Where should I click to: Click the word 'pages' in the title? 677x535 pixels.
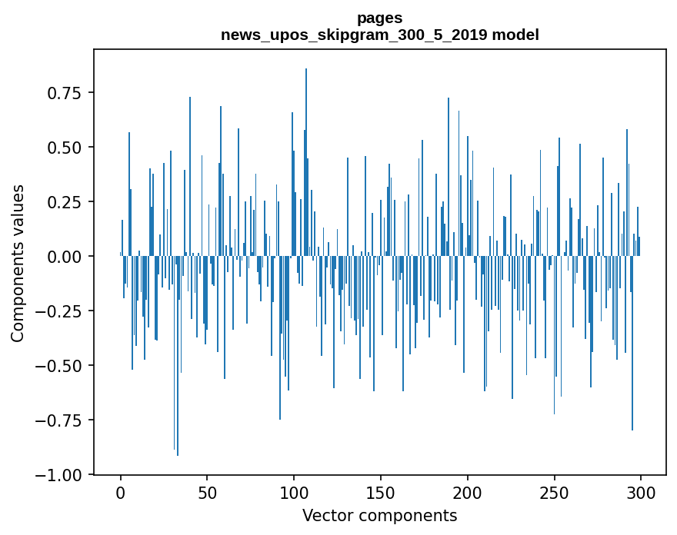pos(379,18)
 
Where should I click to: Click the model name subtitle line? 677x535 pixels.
pos(379,35)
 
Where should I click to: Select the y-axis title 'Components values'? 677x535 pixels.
pos(17,263)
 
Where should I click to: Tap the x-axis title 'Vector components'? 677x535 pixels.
pos(379,515)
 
